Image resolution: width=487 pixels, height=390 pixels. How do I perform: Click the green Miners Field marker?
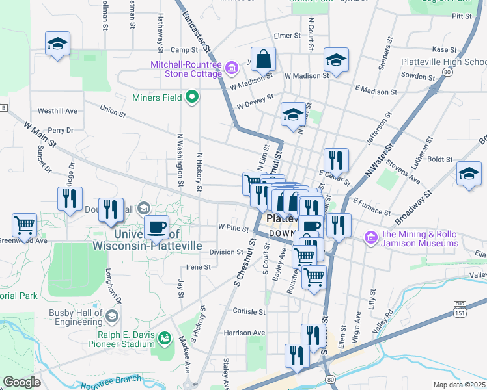pyautogui.click(x=191, y=98)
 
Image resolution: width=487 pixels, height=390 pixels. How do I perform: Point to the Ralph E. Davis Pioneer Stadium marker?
pyautogui.click(x=165, y=338)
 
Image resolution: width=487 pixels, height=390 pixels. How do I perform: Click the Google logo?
pyautogui.click(x=21, y=382)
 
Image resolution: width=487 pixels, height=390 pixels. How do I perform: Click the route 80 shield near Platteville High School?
pyautogui.click(x=447, y=71)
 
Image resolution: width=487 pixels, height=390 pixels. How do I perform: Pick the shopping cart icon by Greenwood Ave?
pyautogui.click(x=25, y=226)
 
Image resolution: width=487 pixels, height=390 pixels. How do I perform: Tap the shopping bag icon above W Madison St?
pyautogui.click(x=264, y=60)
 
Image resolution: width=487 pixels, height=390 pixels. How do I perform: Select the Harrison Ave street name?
pyautogui.click(x=244, y=333)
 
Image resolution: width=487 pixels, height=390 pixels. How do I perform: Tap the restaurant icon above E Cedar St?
pyautogui.click(x=336, y=160)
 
